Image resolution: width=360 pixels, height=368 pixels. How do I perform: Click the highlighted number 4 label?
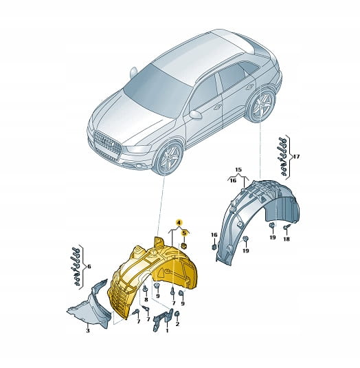tap(179, 222)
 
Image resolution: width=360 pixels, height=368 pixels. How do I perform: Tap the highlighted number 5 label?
tap(184, 232)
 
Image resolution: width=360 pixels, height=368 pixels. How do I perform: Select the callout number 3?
tap(88, 331)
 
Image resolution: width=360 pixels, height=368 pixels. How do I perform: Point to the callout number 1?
tap(167, 331)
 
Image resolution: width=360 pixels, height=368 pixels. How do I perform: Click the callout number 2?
tap(177, 324)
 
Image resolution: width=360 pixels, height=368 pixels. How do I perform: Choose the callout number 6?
tap(89, 266)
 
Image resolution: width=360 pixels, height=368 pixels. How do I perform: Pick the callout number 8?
tap(146, 299)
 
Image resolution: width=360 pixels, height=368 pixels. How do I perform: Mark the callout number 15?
tap(238, 169)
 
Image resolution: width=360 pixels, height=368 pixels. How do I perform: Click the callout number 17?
tap(296, 156)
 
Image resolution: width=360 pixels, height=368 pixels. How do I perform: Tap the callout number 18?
tap(286, 239)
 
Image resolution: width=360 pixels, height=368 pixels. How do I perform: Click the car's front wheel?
tap(170, 158)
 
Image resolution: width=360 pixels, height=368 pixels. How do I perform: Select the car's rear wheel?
tap(262, 105)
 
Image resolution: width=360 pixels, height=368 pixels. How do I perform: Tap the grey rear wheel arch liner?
tap(258, 218)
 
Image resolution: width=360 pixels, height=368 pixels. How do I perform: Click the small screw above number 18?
tap(286, 227)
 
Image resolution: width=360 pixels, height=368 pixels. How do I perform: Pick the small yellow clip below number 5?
tap(184, 246)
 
